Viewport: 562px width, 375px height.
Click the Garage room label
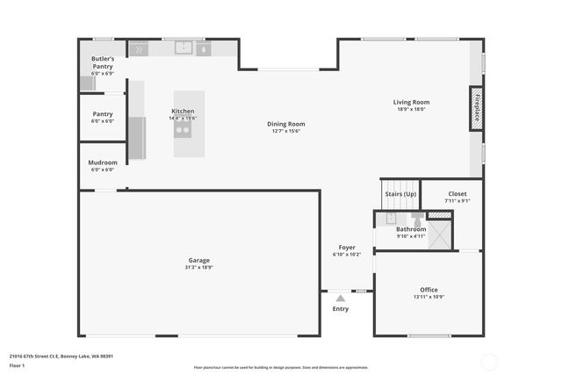pos(199,260)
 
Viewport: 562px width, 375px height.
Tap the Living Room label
pos(411,102)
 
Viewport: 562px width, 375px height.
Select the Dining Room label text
pos(286,124)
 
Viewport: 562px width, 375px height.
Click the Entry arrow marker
pos(341,299)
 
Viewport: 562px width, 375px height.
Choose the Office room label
pos(429,290)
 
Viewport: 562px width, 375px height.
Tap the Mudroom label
pos(103,162)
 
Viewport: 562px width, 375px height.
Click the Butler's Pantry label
pos(103,61)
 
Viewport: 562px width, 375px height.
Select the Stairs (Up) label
pos(400,193)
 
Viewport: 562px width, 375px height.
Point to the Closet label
pos(458,193)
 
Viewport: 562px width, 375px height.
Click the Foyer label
pos(347,248)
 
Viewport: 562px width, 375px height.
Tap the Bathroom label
pos(411,229)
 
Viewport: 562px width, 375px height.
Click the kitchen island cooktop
pos(184,130)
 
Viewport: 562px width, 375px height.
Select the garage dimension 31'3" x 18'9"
pos(199,267)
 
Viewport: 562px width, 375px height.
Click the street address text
pos(61,356)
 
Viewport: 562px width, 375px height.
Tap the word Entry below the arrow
pos(341,308)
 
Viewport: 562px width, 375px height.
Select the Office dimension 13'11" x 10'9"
pos(429,297)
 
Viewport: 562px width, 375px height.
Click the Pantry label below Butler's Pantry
pos(103,114)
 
